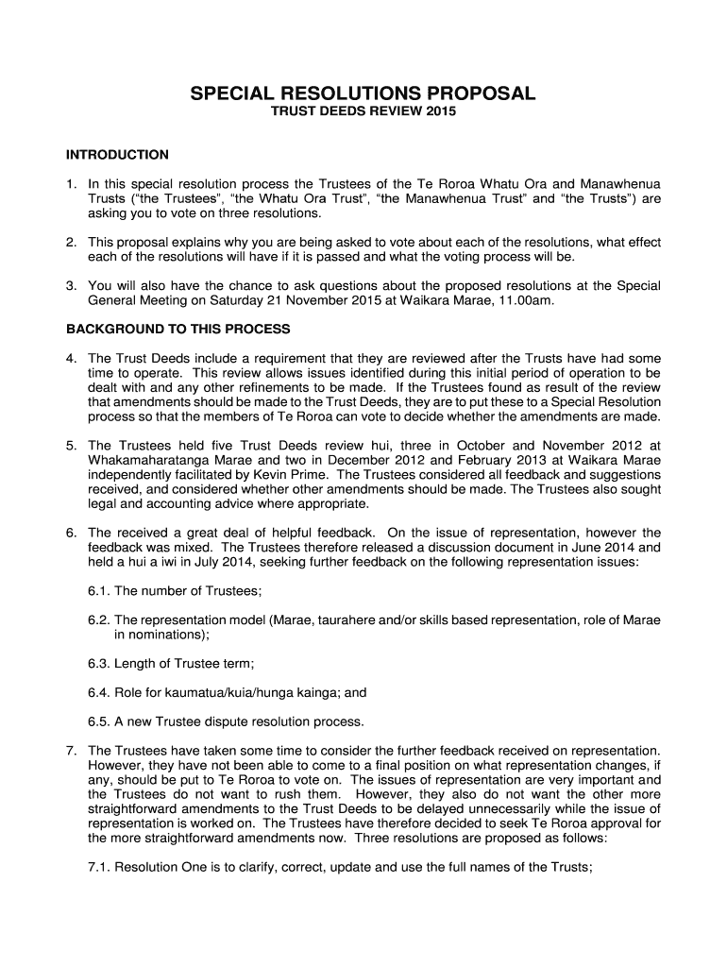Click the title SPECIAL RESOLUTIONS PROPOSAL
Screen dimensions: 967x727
[x=363, y=93]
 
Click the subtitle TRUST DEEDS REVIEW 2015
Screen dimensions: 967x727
[x=363, y=113]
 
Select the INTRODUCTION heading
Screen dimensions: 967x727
[x=117, y=154]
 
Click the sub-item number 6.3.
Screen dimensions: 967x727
[x=98, y=664]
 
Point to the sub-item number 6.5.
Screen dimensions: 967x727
[x=98, y=722]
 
